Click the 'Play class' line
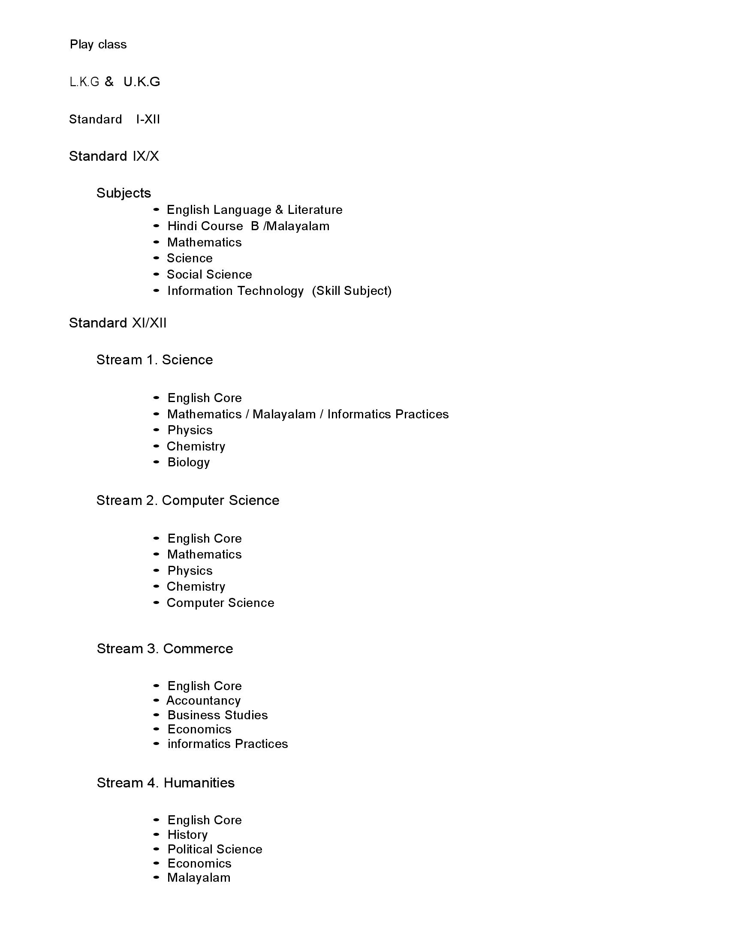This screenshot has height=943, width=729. [98, 45]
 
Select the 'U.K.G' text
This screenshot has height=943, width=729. [142, 81]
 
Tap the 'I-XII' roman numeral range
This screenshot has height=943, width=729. [148, 119]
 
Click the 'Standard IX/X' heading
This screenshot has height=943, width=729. [114, 156]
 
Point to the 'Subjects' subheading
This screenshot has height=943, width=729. [124, 193]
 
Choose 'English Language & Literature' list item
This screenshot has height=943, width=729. [254, 210]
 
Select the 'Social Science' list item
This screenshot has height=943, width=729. [209, 275]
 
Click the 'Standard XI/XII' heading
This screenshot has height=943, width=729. [117, 323]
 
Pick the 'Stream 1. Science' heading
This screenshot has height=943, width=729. [155, 360]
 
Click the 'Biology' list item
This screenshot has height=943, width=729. [189, 462]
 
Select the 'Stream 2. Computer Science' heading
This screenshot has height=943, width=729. [188, 500]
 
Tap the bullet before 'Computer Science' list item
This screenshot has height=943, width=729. [157, 603]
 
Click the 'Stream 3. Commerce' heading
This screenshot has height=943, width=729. [165, 649]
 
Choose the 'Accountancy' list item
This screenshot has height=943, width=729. [203, 700]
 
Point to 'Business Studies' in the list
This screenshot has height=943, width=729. [218, 715]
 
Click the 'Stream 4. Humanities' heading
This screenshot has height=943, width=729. [166, 783]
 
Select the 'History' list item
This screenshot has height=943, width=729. [187, 835]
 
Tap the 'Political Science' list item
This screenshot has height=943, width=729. [215, 849]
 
